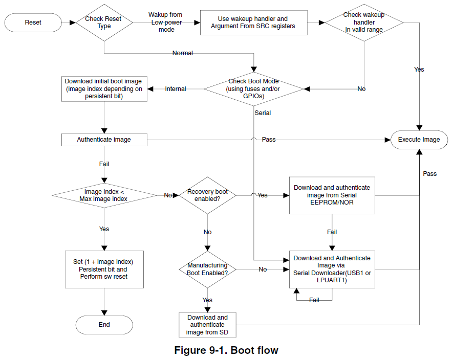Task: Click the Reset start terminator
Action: [33, 22]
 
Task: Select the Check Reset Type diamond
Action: [104, 22]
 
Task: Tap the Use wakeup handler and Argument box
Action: [254, 23]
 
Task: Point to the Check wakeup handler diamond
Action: [364, 22]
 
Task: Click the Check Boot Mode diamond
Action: [254, 89]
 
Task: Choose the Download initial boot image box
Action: [104, 89]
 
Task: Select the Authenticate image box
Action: [104, 140]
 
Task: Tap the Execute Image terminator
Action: [419, 140]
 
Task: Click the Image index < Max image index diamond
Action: [104, 195]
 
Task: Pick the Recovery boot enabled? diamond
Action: [207, 195]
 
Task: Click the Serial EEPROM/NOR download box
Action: [332, 195]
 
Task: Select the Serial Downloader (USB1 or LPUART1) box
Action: [332, 269]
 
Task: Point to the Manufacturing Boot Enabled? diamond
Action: [207, 269]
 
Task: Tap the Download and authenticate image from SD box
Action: [207, 325]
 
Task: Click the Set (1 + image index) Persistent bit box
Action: [104, 269]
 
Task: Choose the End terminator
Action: [104, 325]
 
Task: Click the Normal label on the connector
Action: [183, 53]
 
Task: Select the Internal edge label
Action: [176, 89]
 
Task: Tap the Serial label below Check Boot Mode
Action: [263, 113]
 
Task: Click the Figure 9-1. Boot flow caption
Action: [226, 350]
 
